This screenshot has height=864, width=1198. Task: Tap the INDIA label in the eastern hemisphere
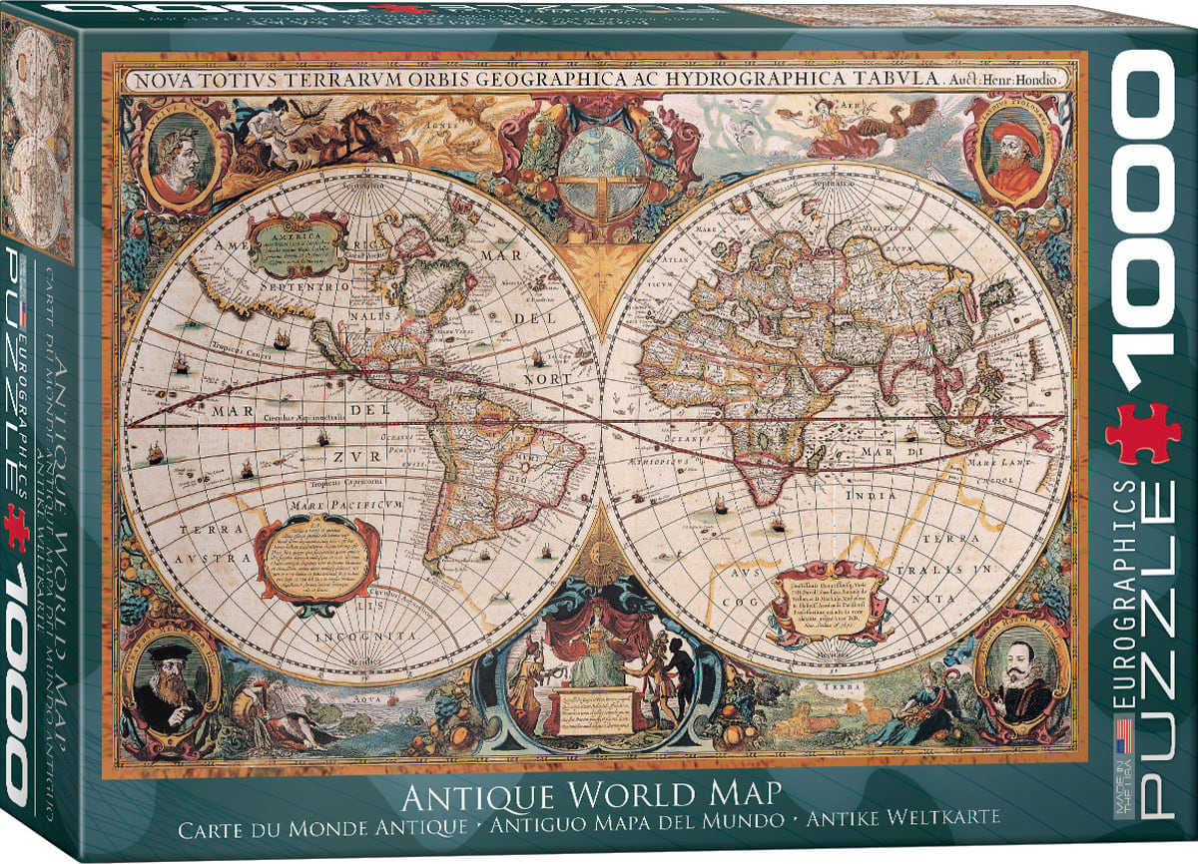[x=863, y=495]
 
